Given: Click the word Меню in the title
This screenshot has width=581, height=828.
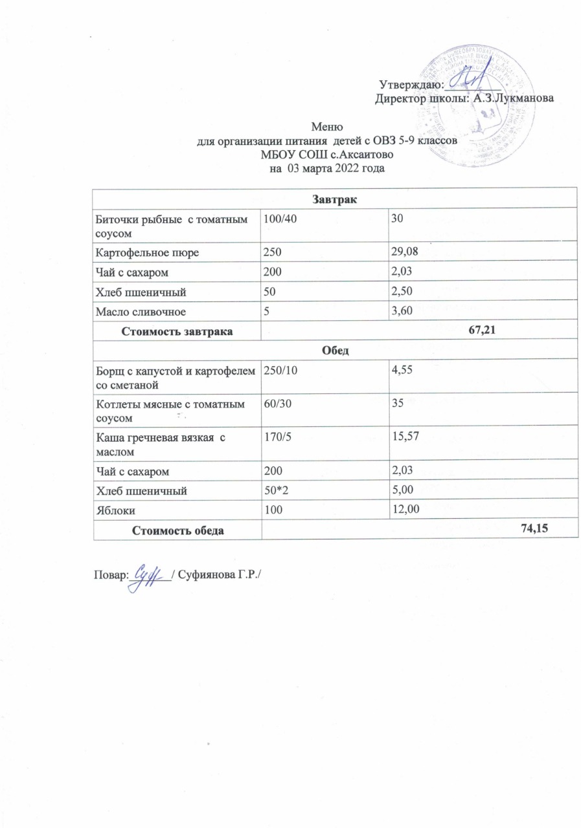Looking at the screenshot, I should pos(326,126).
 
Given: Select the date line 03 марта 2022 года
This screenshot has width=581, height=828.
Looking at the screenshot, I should pos(326,169).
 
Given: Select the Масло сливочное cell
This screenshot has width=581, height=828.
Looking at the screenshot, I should pos(140,312).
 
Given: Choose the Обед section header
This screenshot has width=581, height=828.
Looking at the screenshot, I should pos(335,350).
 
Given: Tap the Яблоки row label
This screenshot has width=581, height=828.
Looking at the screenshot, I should pos(114,510).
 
